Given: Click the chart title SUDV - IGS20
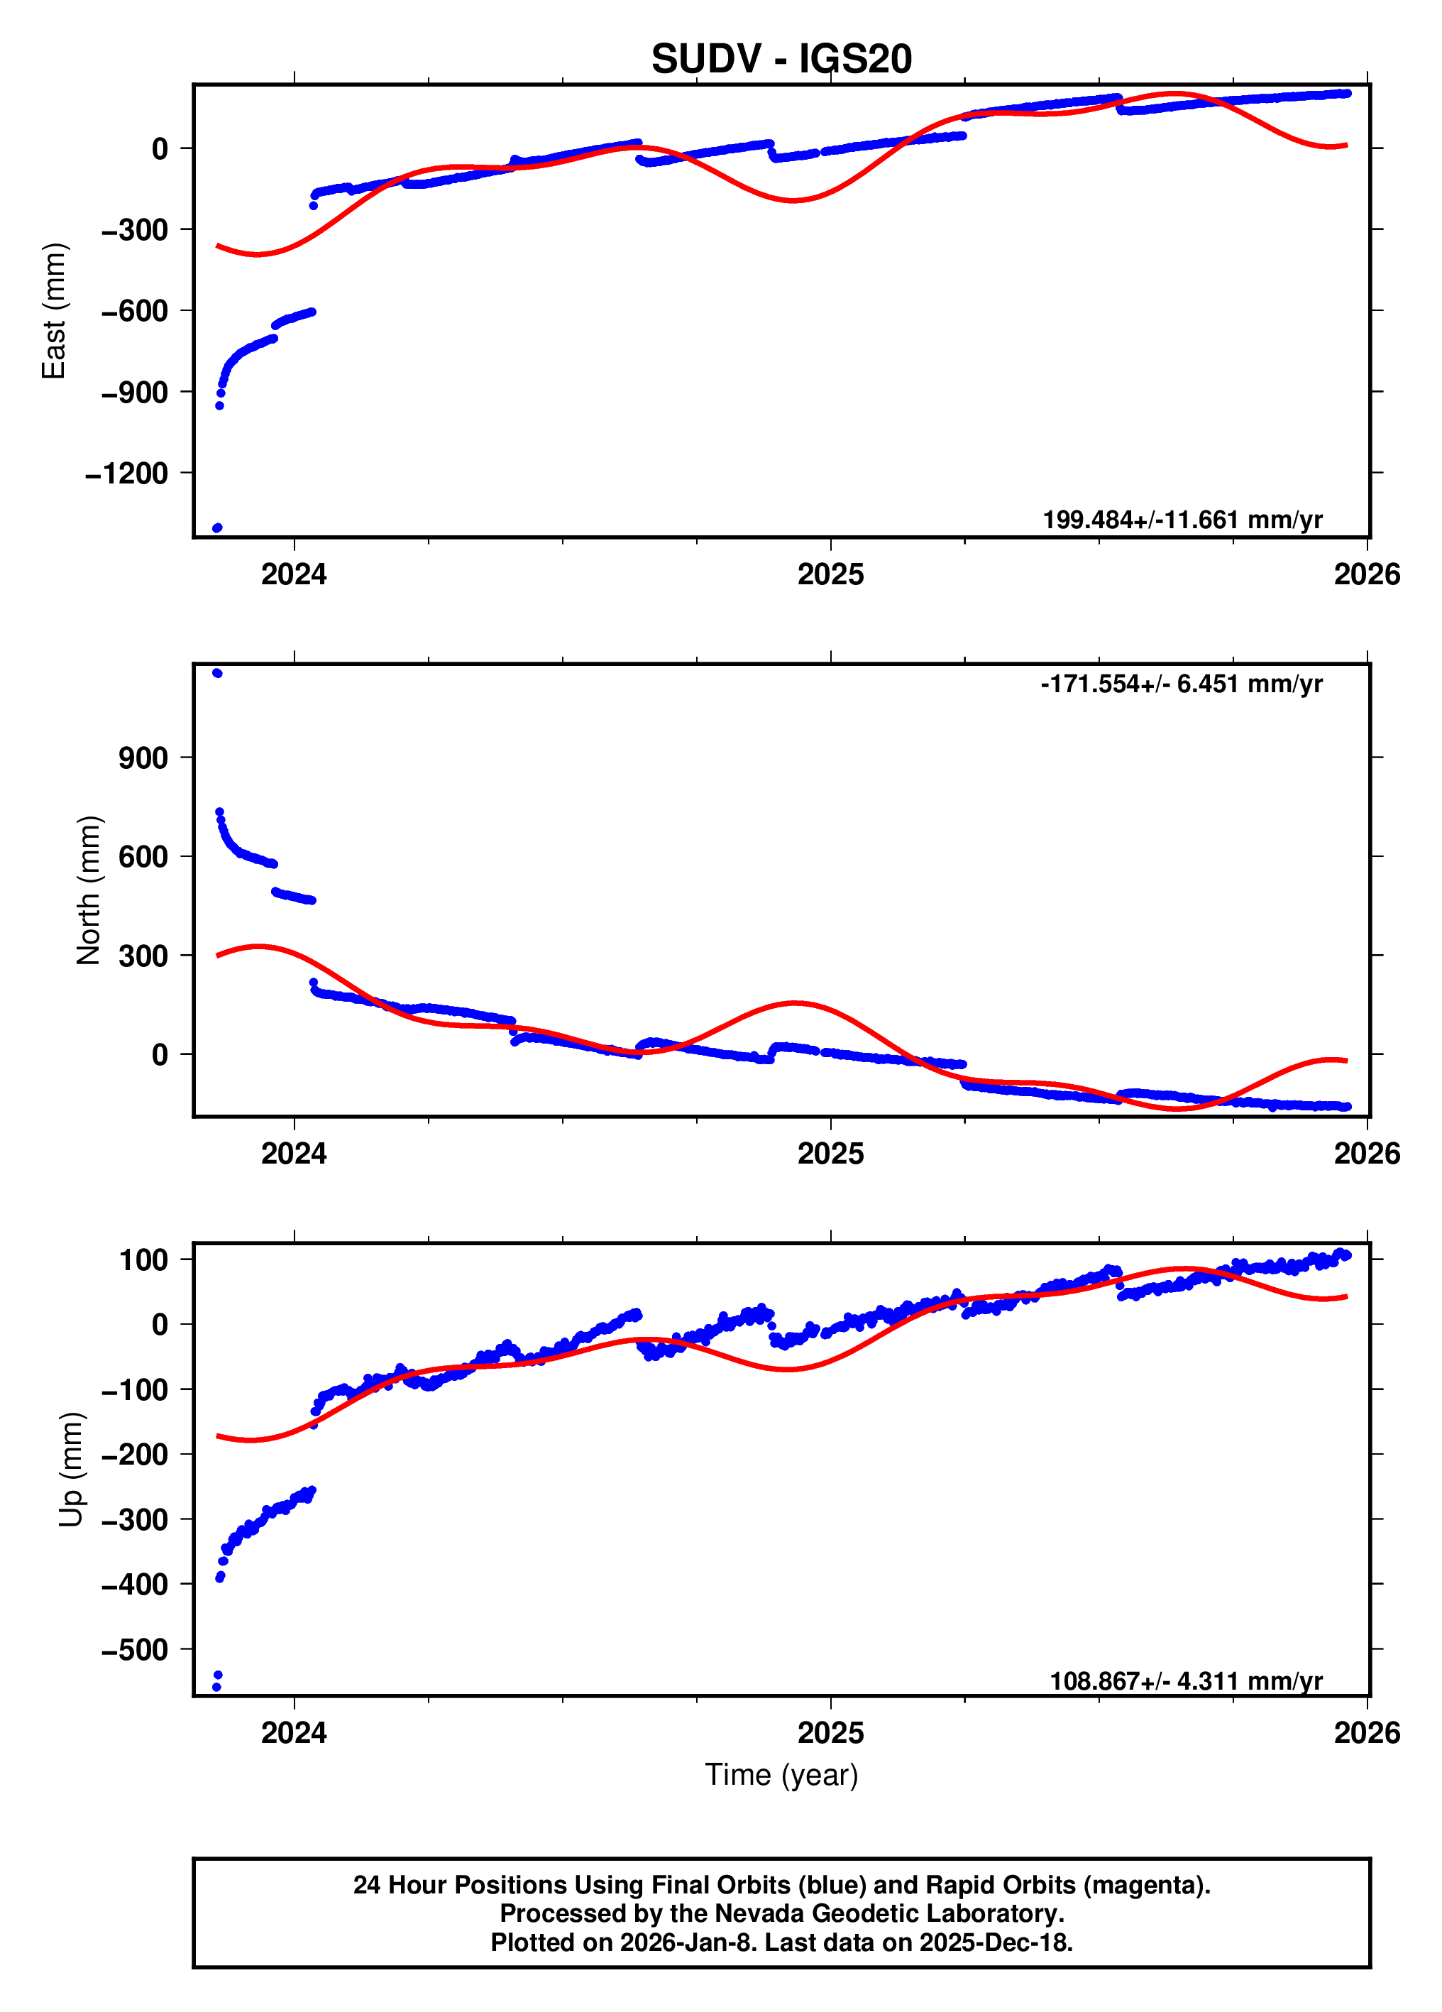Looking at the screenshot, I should coord(781,58).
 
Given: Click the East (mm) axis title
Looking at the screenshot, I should coord(54,310).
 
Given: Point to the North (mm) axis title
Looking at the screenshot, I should coord(89,890).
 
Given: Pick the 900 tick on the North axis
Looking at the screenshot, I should coord(143,758).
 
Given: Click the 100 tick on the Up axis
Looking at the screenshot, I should coord(143,1259).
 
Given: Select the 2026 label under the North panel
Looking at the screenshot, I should coord(1367,1154).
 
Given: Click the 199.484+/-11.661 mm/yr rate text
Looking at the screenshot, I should coord(1182,520).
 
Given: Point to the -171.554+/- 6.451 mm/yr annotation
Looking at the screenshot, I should coord(1182,684).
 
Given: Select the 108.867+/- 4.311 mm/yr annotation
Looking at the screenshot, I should coord(1186,1681).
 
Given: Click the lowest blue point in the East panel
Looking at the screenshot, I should coord(217,527).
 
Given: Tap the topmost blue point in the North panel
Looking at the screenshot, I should coord(217,673).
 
